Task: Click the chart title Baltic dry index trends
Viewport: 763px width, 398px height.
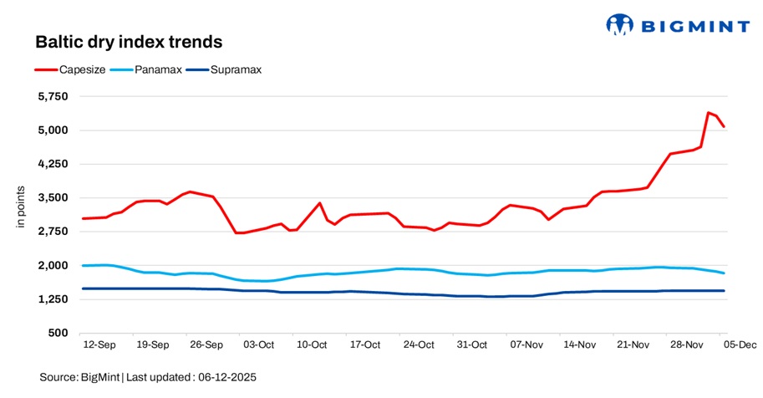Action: (x=128, y=41)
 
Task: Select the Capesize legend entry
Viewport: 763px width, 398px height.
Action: (x=81, y=69)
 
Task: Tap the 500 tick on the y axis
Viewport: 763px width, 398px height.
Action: (x=61, y=334)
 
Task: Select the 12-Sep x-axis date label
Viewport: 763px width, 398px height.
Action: (x=99, y=344)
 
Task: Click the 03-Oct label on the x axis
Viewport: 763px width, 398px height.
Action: (x=258, y=344)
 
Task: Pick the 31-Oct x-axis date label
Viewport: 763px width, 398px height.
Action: (x=472, y=344)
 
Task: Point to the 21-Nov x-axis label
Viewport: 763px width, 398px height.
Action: (x=633, y=344)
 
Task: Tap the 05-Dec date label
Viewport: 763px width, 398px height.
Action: (x=739, y=344)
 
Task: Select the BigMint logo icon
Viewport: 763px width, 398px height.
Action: (x=620, y=24)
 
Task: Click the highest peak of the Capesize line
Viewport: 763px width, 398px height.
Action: (x=709, y=112)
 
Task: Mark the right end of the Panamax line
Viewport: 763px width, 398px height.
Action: (x=724, y=273)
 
